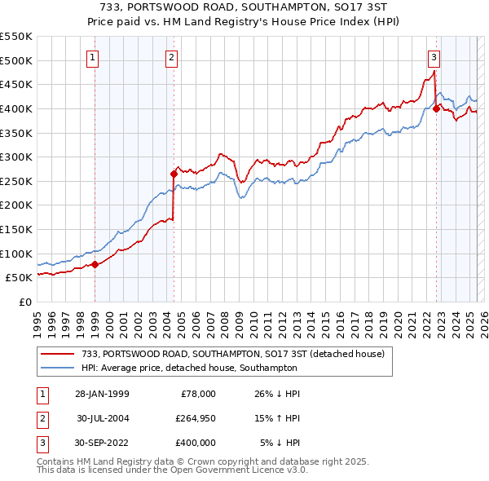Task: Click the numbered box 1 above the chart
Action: coord(94,57)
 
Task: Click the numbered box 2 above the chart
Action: coord(172,57)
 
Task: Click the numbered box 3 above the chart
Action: coord(434,57)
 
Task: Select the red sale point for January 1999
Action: coord(95,263)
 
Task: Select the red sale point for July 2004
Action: coord(174,174)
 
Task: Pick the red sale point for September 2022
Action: coord(436,108)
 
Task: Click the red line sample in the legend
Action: coord(57,354)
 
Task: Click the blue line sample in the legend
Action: coord(57,368)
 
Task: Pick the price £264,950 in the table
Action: coord(195,418)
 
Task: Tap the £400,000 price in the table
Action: coord(195,443)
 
